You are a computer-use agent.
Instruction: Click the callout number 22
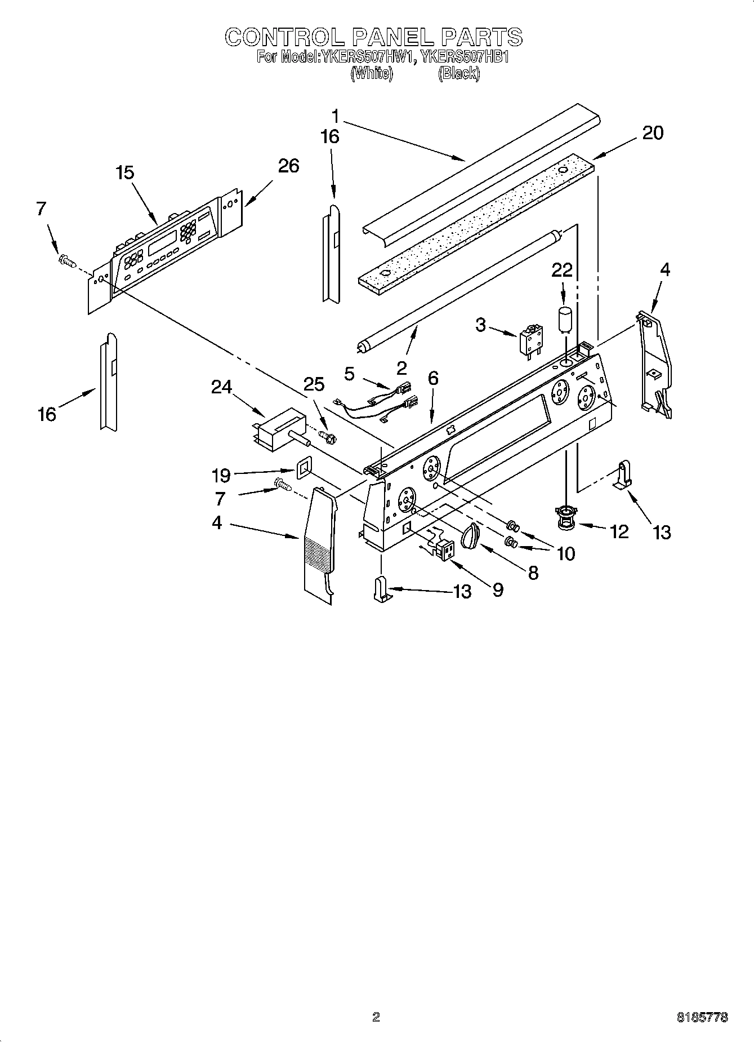pos(561,271)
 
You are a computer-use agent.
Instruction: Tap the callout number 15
pos(125,173)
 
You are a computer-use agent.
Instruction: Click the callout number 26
pos(288,166)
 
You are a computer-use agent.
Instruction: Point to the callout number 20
pos(653,133)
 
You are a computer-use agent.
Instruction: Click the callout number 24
pos(222,387)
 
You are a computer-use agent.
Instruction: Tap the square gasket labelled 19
pos(305,468)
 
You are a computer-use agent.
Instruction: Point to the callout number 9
pos(497,590)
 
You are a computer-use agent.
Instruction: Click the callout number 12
pos(619,531)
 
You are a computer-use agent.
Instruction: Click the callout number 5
pos(349,374)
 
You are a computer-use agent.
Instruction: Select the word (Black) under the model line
pos(459,73)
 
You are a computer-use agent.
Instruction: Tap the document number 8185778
pos(702,1017)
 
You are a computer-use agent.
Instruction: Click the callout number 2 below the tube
pos(401,369)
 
